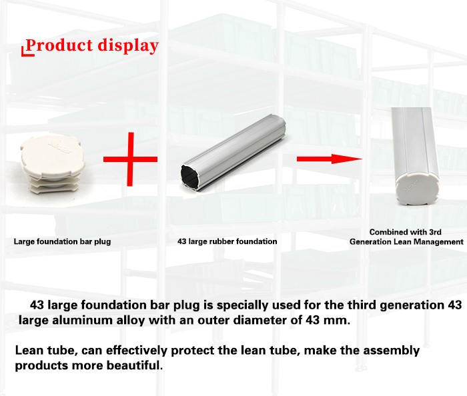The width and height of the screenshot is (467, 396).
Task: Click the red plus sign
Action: (130, 159)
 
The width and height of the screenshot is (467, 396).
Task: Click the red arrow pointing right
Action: (330, 159)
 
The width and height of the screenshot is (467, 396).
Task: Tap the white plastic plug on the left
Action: (53, 164)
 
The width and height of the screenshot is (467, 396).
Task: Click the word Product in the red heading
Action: (59, 45)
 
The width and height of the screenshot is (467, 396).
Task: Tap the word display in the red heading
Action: (128, 46)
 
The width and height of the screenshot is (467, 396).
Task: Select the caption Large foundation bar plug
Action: (62, 241)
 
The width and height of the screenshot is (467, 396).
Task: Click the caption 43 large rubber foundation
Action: (227, 241)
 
